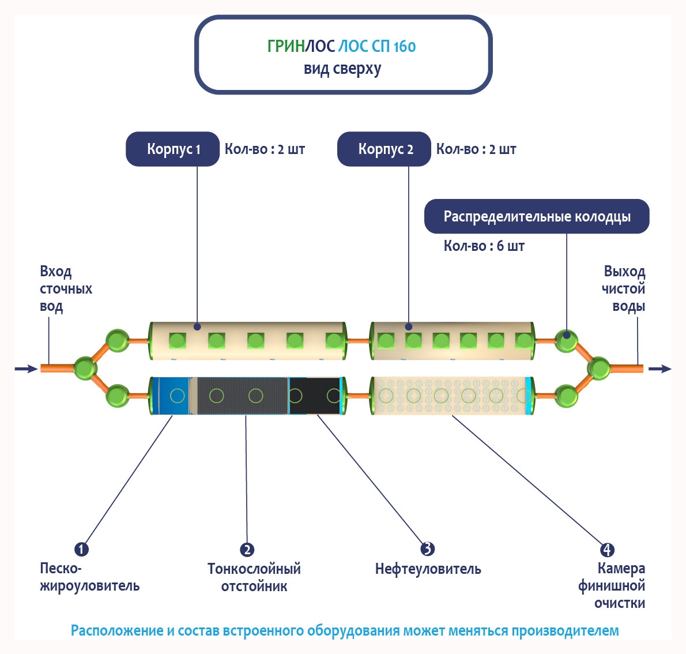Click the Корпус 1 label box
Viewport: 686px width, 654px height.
tap(173, 149)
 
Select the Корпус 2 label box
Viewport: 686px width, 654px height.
tap(385, 149)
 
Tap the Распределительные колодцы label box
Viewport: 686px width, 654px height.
tap(537, 217)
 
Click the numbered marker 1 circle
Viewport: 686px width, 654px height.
tap(81, 549)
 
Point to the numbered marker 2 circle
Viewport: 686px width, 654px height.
tap(247, 550)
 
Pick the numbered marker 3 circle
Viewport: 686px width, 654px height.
tap(427, 548)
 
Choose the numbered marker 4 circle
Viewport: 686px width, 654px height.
tap(606, 550)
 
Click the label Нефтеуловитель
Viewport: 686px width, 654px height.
tap(428, 569)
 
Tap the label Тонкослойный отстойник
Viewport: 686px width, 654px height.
tap(254, 577)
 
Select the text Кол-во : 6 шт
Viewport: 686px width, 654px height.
tap(484, 246)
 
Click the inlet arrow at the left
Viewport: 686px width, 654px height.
tap(25, 369)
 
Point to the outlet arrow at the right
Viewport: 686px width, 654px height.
tap(660, 369)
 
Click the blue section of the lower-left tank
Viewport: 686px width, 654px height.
tap(171, 396)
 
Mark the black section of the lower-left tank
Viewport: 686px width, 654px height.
tap(314, 396)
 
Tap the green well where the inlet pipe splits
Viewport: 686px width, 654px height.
tap(85, 368)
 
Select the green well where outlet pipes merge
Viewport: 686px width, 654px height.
tap(598, 367)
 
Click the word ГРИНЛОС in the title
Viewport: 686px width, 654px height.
tap(301, 46)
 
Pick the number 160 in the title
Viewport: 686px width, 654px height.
tap(405, 46)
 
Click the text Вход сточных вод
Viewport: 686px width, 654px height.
tap(65, 288)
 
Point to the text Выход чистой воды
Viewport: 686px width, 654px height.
tap(624, 288)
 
